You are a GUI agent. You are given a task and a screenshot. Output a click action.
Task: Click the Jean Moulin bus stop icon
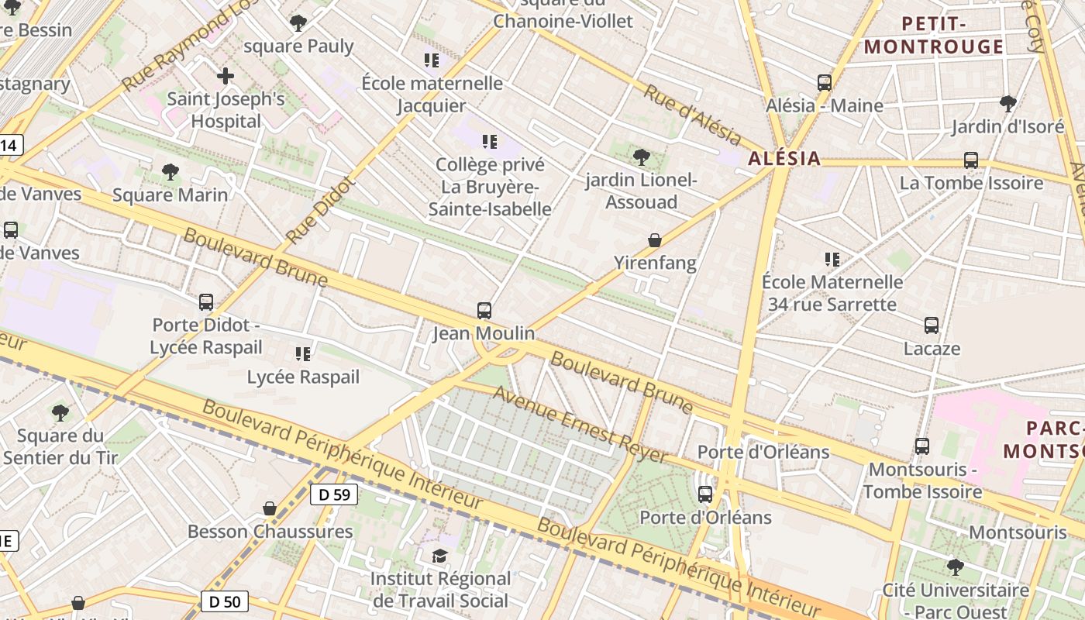[484, 311]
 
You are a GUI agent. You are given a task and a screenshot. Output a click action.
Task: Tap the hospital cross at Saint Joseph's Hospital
[226, 76]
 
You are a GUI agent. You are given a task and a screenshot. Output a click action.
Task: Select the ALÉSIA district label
[784, 159]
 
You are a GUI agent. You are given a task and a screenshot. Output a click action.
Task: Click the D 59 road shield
[334, 494]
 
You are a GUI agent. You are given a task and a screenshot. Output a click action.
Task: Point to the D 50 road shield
[225, 601]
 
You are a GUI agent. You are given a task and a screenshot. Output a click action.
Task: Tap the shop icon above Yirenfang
[655, 240]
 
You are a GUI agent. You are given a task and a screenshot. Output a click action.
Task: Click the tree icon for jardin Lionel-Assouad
[641, 157]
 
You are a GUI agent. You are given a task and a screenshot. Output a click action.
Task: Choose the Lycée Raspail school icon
[303, 354]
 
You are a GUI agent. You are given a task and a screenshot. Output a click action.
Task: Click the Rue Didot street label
[319, 210]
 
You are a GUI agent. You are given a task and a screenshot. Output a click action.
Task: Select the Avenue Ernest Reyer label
[580, 425]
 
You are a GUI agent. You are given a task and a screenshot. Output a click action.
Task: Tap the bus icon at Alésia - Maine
[825, 82]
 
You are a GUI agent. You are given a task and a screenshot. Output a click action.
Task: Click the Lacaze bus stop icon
[932, 325]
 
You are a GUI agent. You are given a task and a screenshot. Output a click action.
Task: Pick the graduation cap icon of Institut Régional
[440, 556]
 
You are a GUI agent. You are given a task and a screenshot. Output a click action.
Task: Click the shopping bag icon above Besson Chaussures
[270, 508]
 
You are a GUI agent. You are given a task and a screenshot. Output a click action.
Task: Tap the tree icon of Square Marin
[170, 172]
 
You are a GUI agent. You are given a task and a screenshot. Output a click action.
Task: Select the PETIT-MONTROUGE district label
[934, 35]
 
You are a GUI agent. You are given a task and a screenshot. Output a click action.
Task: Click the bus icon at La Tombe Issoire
[971, 160]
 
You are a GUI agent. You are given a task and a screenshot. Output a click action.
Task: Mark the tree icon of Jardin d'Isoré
[1007, 103]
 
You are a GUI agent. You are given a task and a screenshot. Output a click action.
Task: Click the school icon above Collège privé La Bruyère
[490, 142]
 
